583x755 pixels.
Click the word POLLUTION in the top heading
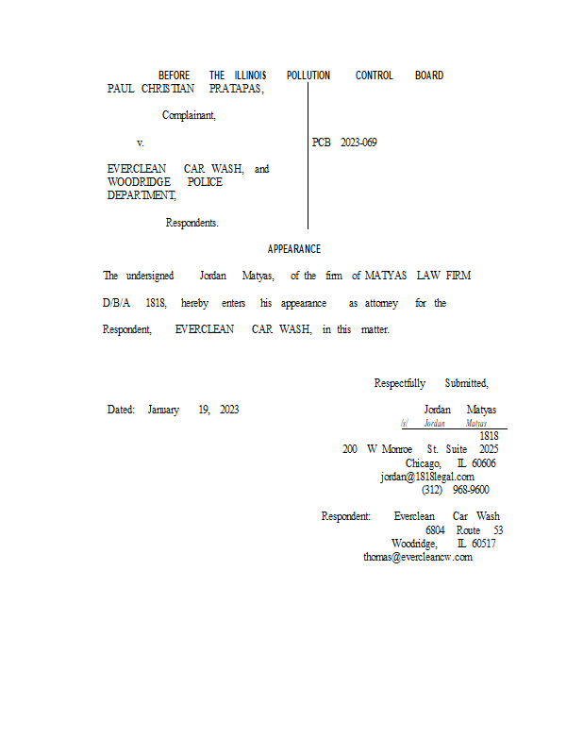308,75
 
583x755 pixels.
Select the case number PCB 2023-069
344,143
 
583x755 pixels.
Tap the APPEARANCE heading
293,249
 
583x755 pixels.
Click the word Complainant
189,116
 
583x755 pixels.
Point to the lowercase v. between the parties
141,143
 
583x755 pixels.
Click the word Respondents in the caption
192,224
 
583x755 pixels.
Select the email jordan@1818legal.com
427,477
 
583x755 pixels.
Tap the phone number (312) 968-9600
455,490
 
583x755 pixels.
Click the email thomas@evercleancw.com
418,557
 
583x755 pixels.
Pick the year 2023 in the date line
229,410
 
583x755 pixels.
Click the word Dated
121,410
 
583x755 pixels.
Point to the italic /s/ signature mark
405,425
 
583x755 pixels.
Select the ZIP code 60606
484,463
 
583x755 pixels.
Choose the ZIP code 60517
484,544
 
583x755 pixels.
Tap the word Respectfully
400,383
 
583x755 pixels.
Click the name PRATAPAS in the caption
236,89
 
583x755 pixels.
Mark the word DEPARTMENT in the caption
142,195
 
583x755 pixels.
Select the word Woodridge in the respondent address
414,544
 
